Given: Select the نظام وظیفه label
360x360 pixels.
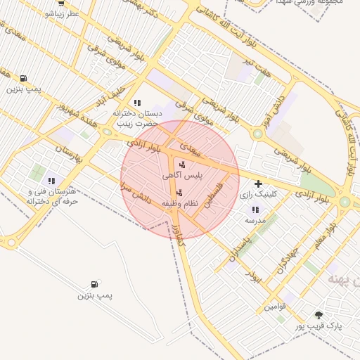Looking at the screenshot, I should click(x=181, y=203).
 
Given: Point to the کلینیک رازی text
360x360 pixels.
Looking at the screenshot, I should click(x=259, y=194).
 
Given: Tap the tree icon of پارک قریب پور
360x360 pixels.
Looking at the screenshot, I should click(x=319, y=316).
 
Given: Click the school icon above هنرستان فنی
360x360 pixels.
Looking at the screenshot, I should click(x=52, y=181).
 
